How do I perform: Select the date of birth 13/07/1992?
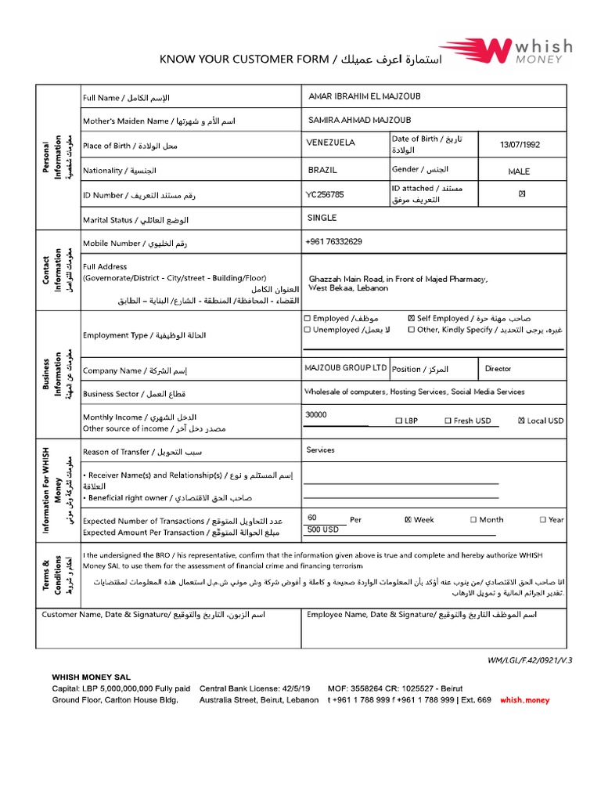[x=520, y=145]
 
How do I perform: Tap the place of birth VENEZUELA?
[x=331, y=143]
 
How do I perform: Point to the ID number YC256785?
[x=325, y=193]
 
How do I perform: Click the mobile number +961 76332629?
[x=333, y=242]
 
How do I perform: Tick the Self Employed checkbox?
[x=412, y=319]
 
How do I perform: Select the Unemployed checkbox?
[x=307, y=331]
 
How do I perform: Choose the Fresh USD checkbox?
[x=448, y=421]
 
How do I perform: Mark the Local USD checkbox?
[x=521, y=421]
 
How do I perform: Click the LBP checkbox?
[x=398, y=421]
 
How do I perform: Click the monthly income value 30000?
[x=316, y=415]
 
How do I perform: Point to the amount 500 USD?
[x=323, y=529]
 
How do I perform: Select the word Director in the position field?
[x=498, y=368]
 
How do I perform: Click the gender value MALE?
[x=518, y=171]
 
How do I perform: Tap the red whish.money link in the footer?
[x=524, y=700]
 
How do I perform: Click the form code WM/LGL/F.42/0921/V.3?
[x=530, y=660]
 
